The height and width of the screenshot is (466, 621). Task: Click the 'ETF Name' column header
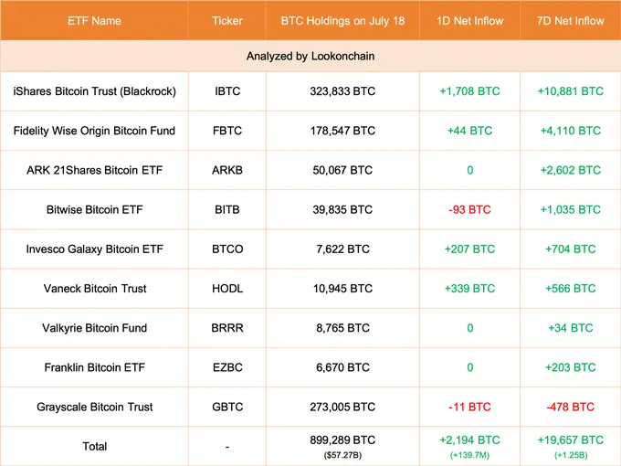(x=95, y=19)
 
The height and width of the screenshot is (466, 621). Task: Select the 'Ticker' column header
(x=227, y=19)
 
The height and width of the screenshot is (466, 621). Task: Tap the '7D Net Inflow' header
(x=571, y=19)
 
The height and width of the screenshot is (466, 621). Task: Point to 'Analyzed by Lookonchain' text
(x=310, y=56)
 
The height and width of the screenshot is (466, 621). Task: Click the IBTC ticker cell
(x=227, y=91)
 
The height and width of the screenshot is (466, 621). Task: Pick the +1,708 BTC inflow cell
(x=469, y=91)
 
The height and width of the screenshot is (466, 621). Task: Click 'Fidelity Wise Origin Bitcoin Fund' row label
(x=95, y=131)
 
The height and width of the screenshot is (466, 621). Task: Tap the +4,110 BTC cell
(x=571, y=131)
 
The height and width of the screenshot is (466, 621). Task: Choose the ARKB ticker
(x=227, y=170)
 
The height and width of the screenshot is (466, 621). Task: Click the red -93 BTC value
(x=469, y=209)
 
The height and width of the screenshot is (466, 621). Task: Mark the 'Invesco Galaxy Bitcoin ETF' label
(x=95, y=249)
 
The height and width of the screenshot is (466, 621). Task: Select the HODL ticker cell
(x=227, y=288)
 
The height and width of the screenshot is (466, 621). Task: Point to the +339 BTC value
(x=469, y=288)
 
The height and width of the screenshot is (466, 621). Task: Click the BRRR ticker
(x=227, y=327)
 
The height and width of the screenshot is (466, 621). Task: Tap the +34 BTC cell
(x=571, y=327)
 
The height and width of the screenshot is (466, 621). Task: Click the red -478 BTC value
(x=571, y=407)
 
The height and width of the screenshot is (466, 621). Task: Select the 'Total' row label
(x=95, y=446)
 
